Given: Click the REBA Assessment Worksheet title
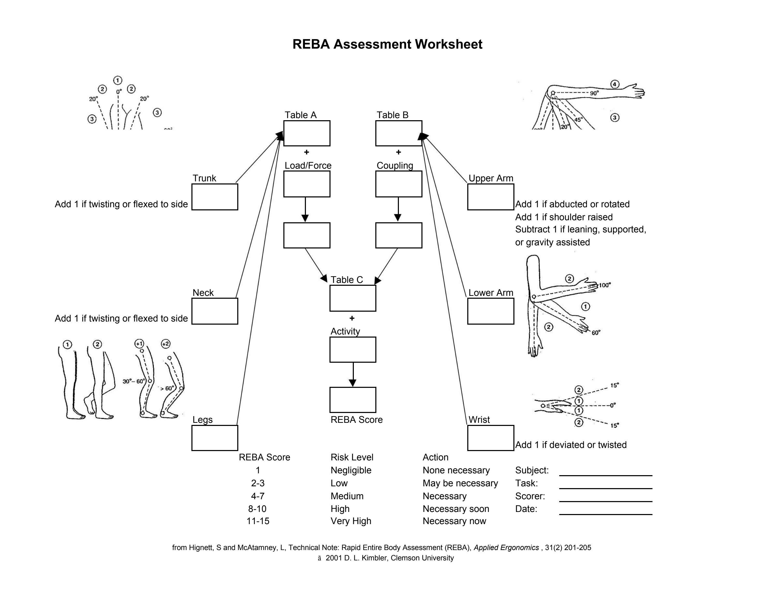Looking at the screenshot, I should tap(387, 44).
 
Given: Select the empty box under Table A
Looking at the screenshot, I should tap(307, 133).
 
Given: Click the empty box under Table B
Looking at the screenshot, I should tap(398, 133).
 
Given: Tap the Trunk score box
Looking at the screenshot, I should tap(215, 197).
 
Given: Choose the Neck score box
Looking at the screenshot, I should tap(215, 311).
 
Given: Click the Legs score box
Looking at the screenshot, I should tap(215, 438).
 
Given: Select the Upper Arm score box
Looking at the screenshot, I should tap(490, 197).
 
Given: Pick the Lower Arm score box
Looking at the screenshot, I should tap(490, 311).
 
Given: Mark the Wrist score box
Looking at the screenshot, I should tap(490, 438).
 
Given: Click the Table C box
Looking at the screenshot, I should tap(353, 298).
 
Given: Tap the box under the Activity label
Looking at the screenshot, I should tap(353, 350).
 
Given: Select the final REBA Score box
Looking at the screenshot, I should tap(353, 400).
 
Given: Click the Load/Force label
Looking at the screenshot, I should tap(308, 166).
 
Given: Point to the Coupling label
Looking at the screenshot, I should tap(394, 166).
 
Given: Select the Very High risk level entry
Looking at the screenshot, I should tap(351, 521).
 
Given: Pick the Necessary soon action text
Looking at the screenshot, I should tap(456, 509).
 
